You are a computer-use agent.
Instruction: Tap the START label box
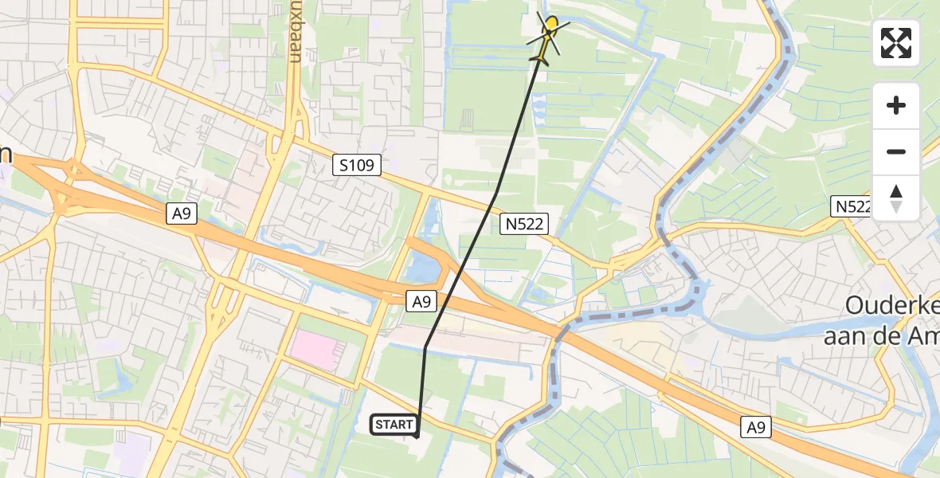click(x=394, y=425)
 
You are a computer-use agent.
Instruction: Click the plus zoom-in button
click(x=896, y=105)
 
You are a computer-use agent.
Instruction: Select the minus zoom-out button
click(x=896, y=151)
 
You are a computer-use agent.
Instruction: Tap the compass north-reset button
click(x=896, y=198)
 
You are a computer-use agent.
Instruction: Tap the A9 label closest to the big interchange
click(x=182, y=214)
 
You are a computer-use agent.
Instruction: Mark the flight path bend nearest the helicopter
click(x=496, y=194)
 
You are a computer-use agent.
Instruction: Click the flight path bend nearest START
click(x=425, y=347)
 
